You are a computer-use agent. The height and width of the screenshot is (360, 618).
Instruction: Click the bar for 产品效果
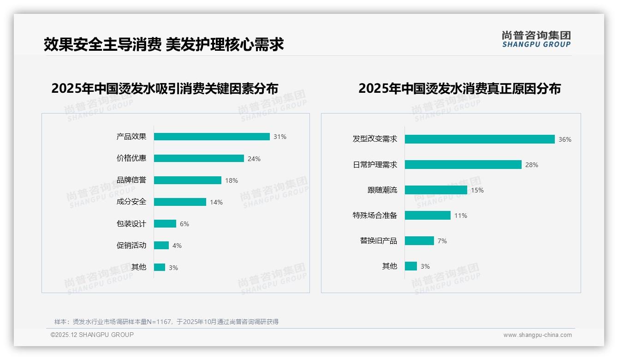212,137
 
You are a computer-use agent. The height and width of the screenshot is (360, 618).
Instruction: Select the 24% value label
254,159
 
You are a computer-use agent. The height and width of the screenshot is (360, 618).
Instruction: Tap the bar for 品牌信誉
188,180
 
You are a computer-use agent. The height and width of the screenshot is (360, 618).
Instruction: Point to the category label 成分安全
131,202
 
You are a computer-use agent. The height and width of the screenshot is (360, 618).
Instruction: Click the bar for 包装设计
165,224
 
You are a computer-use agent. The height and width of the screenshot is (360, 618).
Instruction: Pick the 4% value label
177,246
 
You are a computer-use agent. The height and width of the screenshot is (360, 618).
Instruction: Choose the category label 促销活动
131,246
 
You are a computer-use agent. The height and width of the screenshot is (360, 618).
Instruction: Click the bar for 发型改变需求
480,139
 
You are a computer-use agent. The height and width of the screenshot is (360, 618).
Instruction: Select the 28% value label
532,165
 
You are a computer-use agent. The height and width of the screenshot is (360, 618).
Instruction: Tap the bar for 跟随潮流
436,190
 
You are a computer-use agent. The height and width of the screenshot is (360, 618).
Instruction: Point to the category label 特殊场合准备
375,216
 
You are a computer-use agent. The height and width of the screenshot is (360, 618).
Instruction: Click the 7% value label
442,241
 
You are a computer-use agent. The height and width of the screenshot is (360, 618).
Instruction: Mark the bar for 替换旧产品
419,241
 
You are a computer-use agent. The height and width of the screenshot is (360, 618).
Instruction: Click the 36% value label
565,139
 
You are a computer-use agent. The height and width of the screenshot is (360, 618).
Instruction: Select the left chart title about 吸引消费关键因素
165,89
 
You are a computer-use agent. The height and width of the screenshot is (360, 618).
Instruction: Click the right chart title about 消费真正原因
459,89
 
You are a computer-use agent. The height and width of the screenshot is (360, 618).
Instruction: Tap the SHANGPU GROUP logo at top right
536,39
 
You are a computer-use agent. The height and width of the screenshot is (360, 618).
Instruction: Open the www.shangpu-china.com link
537,335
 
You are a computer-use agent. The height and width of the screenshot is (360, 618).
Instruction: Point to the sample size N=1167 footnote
166,322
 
